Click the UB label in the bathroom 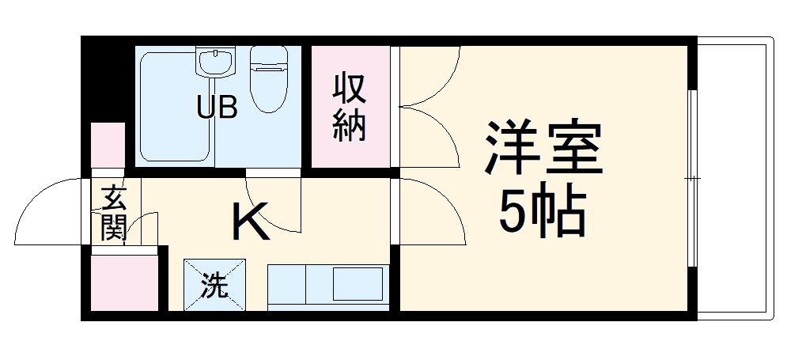217,107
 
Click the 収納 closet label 349,107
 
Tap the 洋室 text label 544,150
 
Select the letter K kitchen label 251,223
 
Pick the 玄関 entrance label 113,212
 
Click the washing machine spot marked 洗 214,285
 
